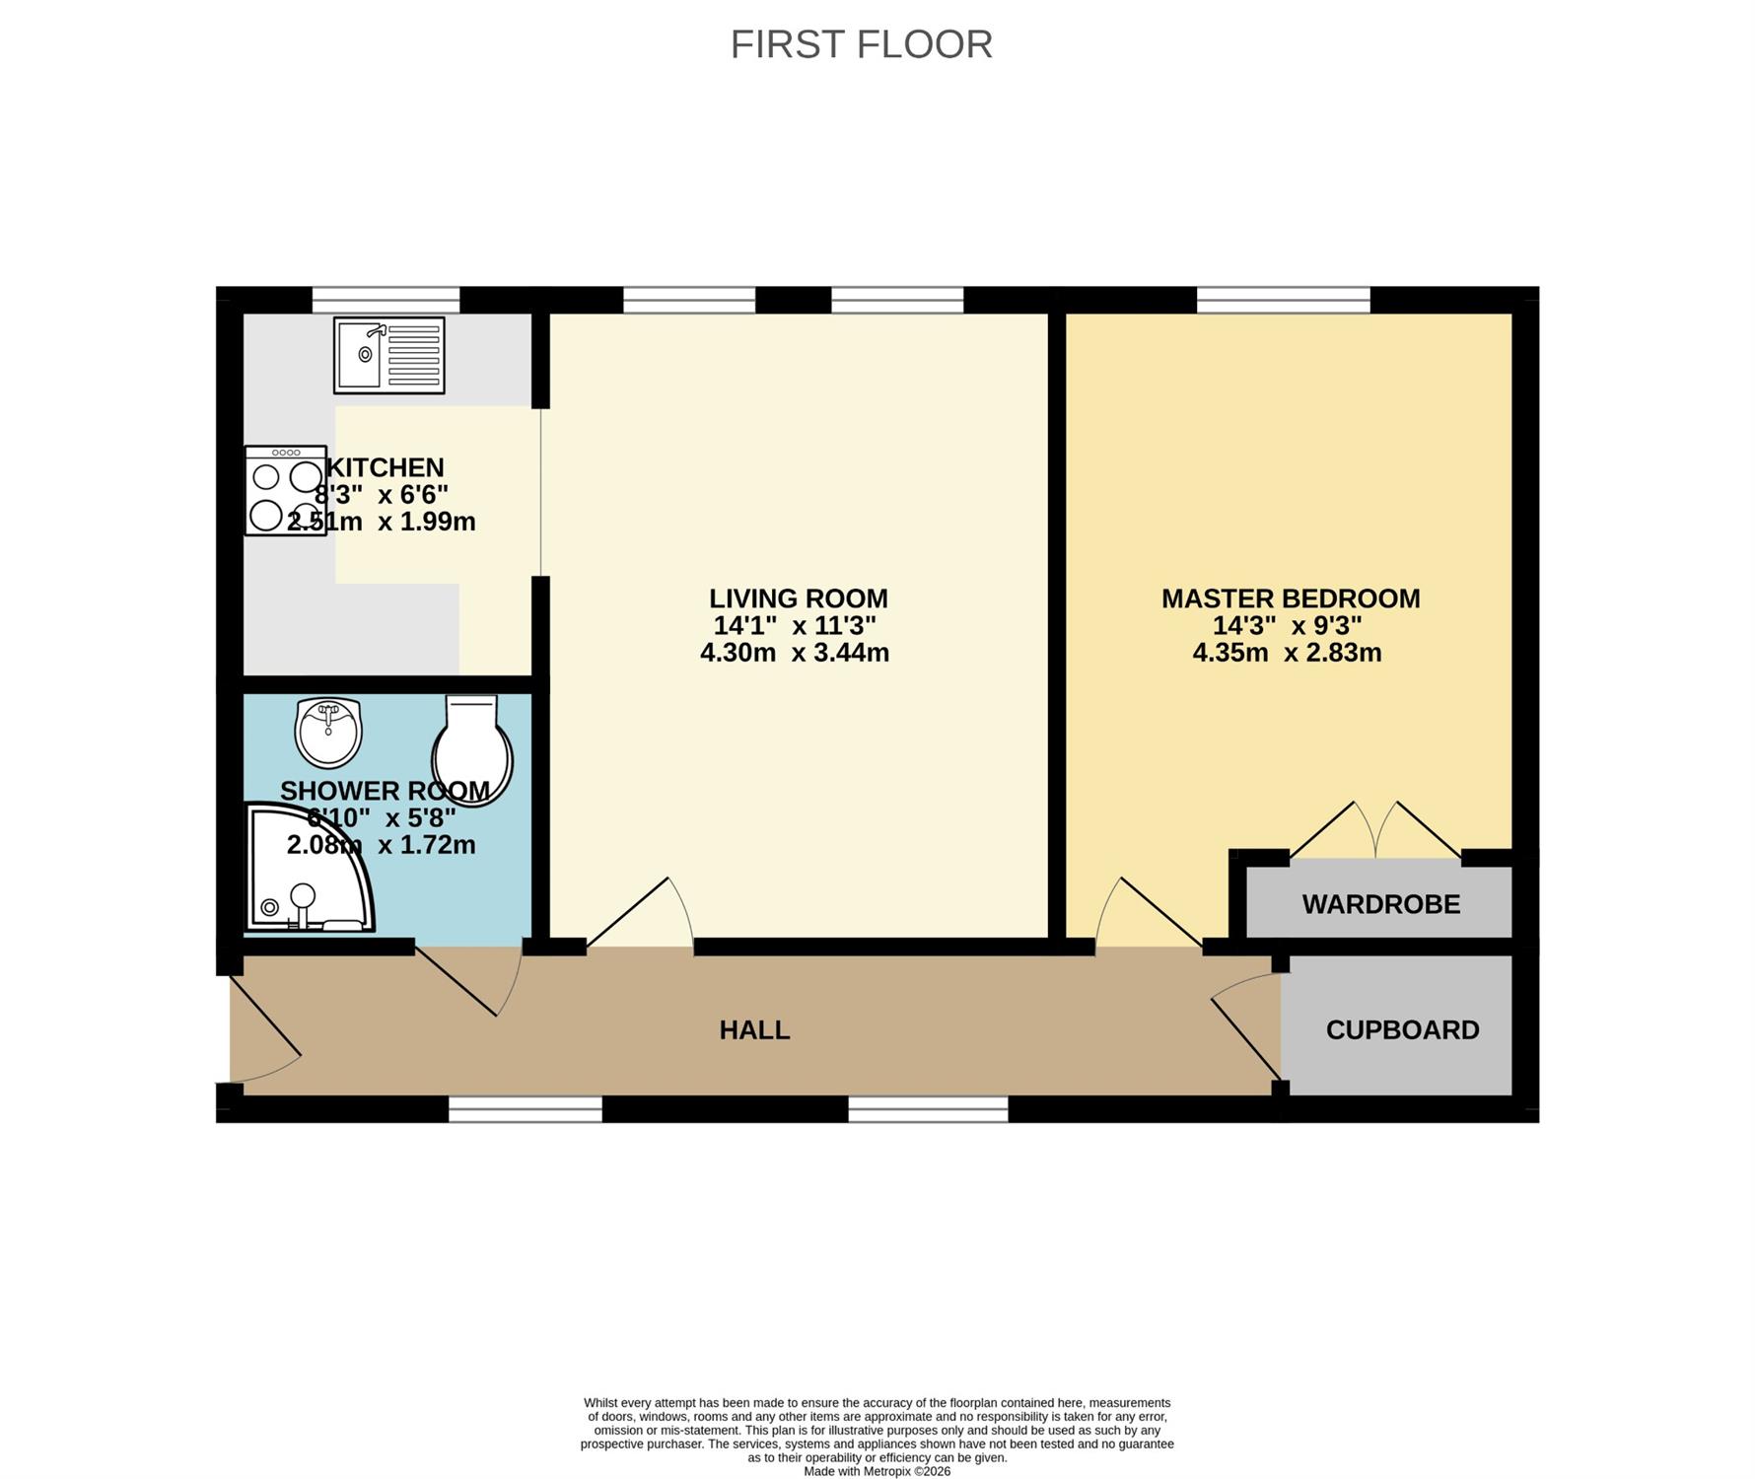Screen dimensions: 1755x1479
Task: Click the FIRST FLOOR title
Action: tap(861, 44)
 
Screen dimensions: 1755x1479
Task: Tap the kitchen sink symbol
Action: tap(388, 355)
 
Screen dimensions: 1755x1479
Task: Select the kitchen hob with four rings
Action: tap(286, 490)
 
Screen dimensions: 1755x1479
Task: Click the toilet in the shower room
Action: tap(472, 750)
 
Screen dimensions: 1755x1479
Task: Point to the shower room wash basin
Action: tap(329, 733)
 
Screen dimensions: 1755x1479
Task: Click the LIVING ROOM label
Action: tap(799, 599)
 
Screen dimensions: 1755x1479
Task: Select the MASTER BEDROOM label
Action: tap(1291, 599)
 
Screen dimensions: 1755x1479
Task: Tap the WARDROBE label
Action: tap(1381, 904)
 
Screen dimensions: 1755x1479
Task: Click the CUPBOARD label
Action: tap(1402, 1030)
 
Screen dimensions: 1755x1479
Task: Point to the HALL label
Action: tap(754, 1030)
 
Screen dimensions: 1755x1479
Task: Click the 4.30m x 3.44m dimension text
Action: tap(795, 653)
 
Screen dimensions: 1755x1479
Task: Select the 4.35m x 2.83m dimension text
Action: tap(1287, 653)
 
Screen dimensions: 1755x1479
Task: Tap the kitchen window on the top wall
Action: tap(386, 300)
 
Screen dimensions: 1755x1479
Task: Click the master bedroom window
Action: tap(1284, 300)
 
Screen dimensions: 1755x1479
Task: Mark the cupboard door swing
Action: tap(1246, 1025)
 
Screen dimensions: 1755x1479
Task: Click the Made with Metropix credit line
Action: tap(877, 1471)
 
